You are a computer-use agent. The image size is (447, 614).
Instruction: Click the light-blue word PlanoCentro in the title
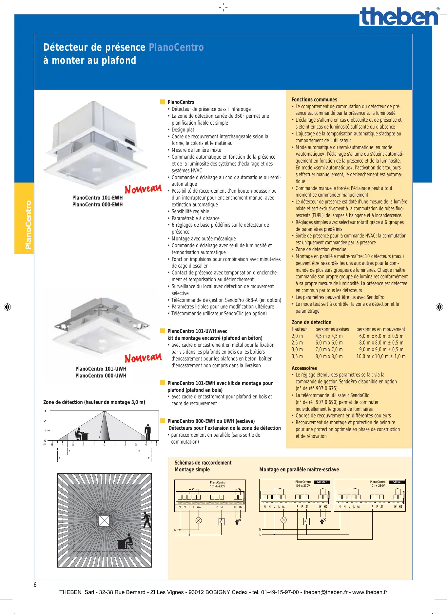[176, 47]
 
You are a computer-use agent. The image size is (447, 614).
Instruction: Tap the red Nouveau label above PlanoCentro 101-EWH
[143, 189]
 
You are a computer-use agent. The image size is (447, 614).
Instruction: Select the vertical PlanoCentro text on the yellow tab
[28, 225]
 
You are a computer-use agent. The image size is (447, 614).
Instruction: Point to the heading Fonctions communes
[314, 100]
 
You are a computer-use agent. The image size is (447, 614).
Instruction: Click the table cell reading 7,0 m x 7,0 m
[329, 350]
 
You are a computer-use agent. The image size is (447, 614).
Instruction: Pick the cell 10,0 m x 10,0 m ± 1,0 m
[381, 357]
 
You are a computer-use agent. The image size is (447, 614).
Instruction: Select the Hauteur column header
[299, 329]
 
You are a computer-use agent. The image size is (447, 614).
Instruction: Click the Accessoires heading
[304, 368]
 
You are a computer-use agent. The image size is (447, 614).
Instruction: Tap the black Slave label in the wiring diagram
[397, 482]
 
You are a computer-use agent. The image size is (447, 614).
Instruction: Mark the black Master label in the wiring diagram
[322, 482]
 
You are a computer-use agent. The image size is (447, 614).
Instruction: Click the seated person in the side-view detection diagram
[80, 434]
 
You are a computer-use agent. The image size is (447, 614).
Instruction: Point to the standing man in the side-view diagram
[148, 432]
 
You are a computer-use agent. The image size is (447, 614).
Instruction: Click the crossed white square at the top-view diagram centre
[104, 520]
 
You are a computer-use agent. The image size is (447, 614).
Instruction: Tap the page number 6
[35, 585]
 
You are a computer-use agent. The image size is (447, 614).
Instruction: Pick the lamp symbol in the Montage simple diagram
[198, 520]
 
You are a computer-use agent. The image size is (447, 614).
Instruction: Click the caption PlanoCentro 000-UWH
[101, 376]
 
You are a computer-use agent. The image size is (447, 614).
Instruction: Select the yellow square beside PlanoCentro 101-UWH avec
[163, 331]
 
